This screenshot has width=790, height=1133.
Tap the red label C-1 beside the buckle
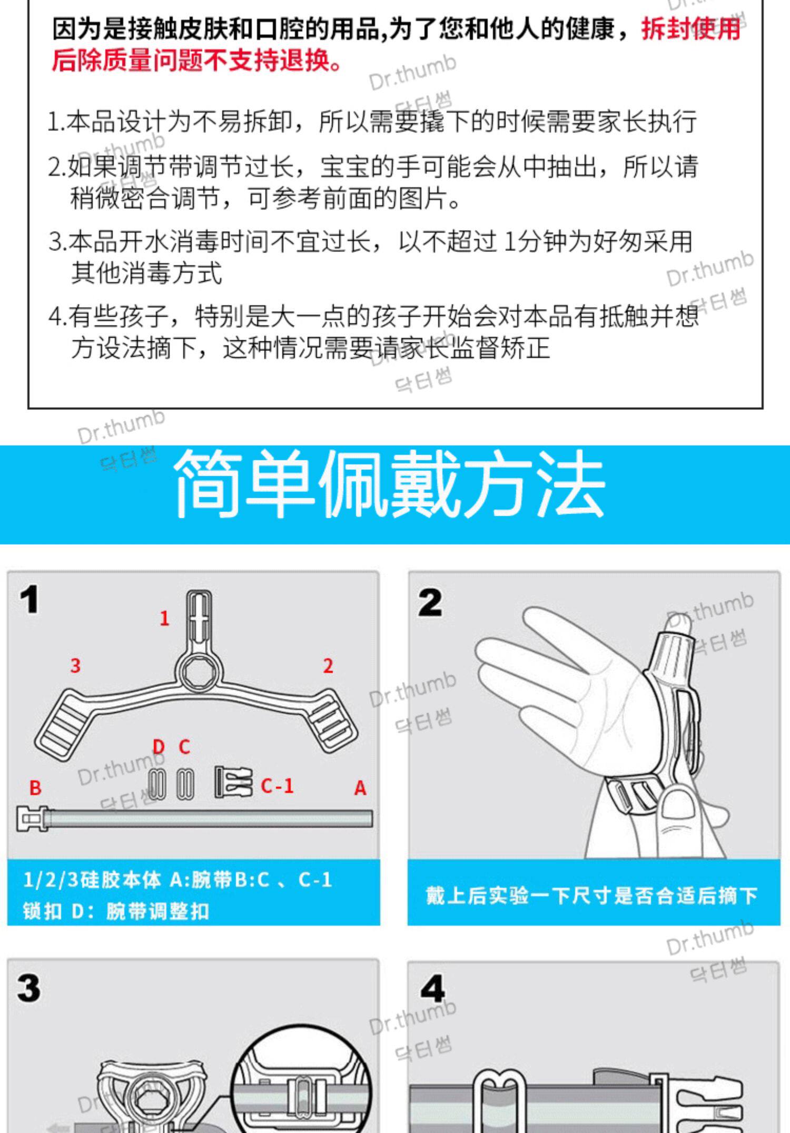(277, 786)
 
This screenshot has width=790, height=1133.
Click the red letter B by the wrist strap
(35, 788)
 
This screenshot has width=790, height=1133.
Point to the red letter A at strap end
(360, 788)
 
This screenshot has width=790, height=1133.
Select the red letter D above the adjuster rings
(159, 747)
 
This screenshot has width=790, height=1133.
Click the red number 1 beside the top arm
(165, 618)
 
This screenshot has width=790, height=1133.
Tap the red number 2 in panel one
(328, 666)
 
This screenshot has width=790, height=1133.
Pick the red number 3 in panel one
(75, 665)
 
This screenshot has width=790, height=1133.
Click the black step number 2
(430, 603)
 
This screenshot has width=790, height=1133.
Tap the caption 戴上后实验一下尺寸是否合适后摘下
(591, 895)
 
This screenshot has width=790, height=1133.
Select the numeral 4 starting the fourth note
(55, 316)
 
